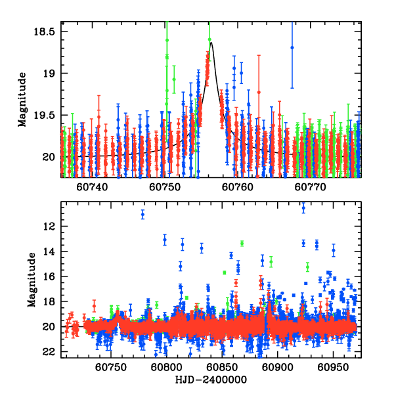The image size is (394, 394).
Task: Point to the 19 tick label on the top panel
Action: tap(49, 74)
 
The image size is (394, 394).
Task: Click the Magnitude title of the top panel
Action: tap(22, 100)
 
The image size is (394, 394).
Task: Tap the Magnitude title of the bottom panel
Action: tap(31, 280)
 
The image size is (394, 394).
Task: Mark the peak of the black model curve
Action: tap(211, 43)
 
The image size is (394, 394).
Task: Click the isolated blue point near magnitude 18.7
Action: tap(292, 47)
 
